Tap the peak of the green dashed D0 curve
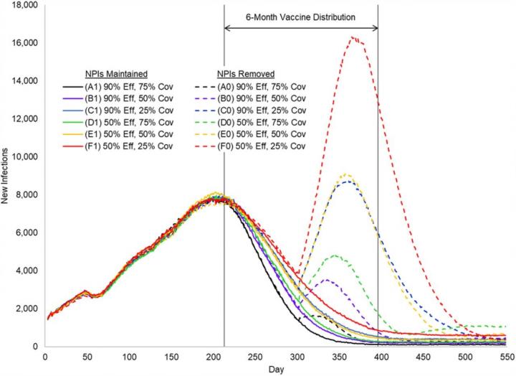[x=334, y=255]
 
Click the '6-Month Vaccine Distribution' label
[x=301, y=16]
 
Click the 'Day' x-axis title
[x=275, y=369]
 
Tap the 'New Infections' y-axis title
[x=6, y=176]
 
